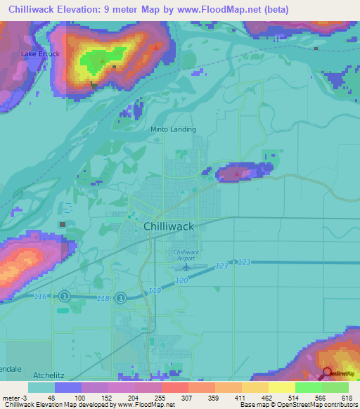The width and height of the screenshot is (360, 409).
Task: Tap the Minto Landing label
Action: point(174,129)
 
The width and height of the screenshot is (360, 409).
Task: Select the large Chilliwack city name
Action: point(168,226)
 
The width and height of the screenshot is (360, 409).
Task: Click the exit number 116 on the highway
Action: point(41,297)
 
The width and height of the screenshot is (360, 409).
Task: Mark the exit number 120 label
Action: point(181,280)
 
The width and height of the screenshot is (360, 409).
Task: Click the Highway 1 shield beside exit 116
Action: point(64,297)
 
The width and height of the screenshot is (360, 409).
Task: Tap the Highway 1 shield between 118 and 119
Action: point(121,298)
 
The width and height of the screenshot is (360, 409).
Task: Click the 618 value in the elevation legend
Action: point(346,397)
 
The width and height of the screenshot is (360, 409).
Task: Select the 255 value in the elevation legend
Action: point(160,397)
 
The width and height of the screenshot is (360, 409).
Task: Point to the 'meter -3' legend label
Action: point(14,397)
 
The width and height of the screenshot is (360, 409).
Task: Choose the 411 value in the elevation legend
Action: point(240,397)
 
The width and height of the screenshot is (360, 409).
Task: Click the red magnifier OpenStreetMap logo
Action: point(328,372)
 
